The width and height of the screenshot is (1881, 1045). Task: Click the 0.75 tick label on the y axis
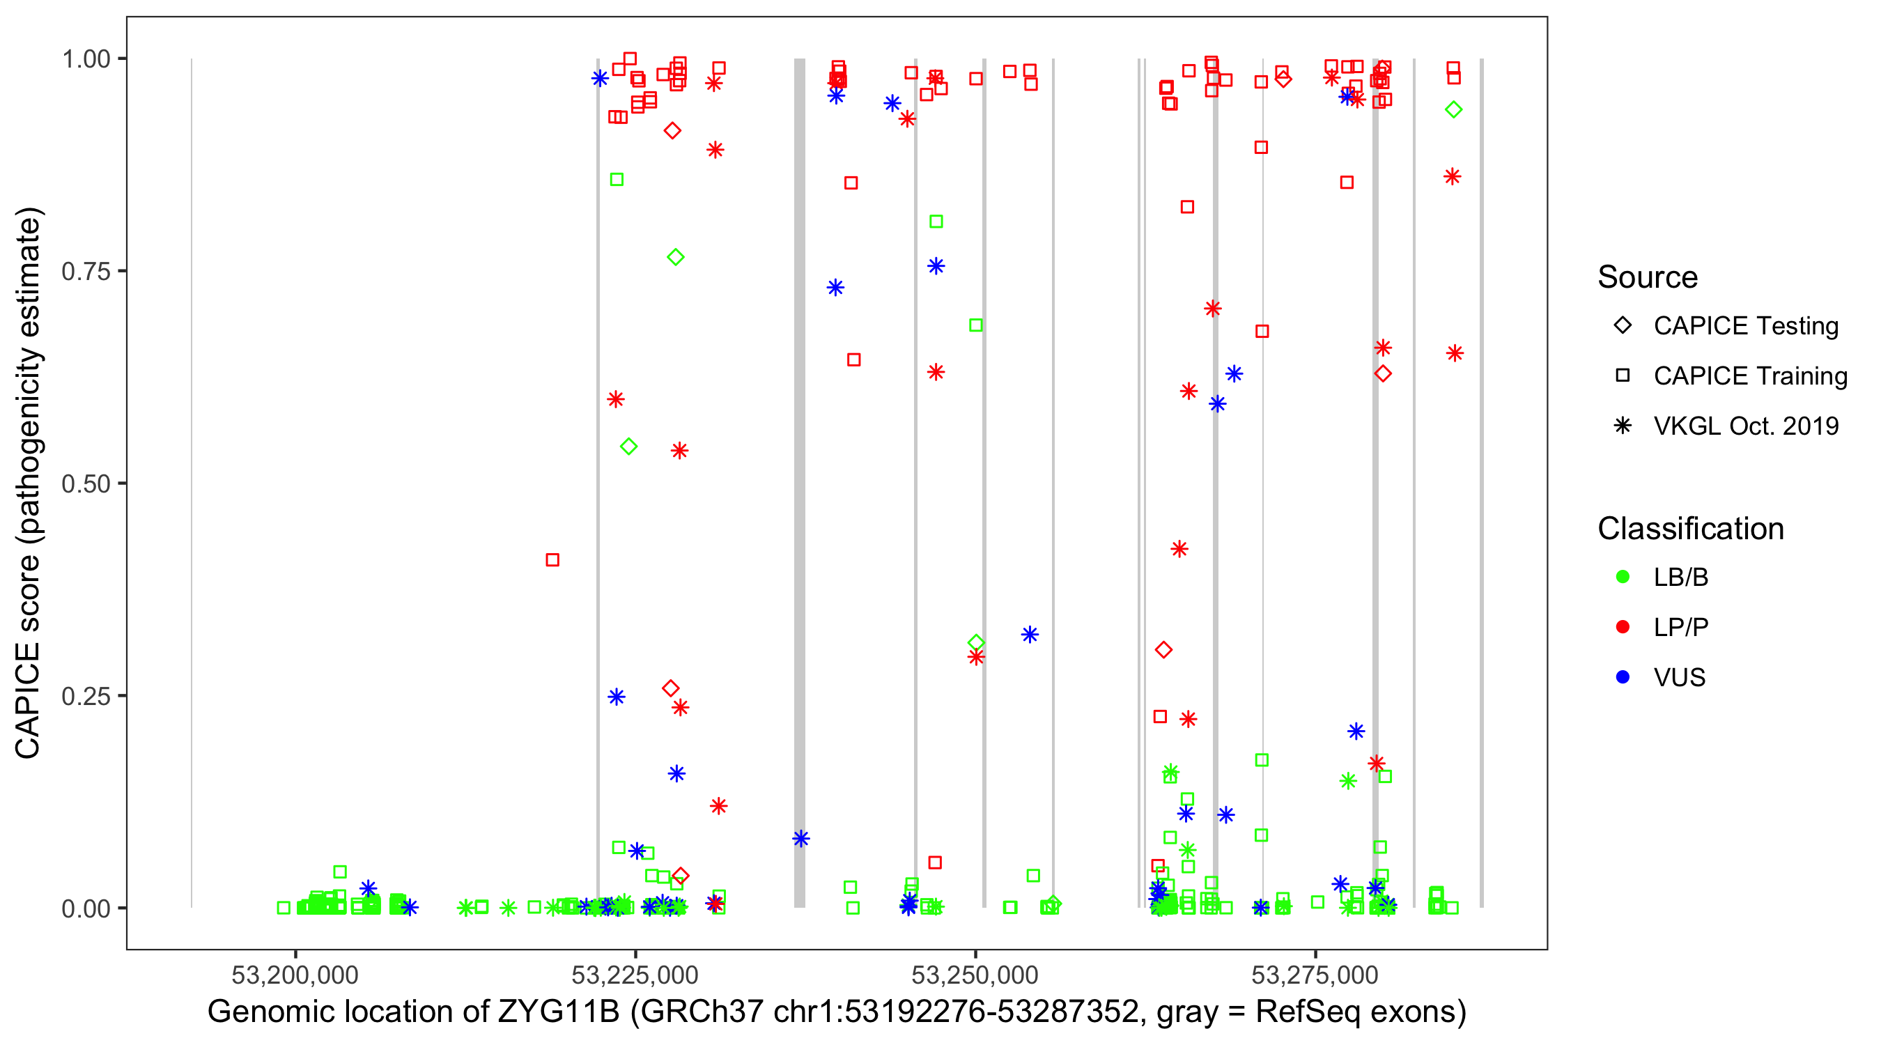click(85, 272)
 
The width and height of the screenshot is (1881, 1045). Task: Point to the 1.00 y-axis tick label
click(85, 59)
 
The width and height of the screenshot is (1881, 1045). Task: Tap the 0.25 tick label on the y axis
click(85, 696)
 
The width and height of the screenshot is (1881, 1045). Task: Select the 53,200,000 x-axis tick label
click(294, 974)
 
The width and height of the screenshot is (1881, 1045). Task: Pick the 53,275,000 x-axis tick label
click(1315, 974)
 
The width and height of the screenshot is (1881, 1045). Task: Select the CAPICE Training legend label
click(1749, 376)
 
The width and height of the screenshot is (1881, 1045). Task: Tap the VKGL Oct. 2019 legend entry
click(1745, 426)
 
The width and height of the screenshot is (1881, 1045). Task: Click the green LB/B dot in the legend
click(1623, 577)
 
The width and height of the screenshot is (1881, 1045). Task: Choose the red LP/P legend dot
click(1623, 627)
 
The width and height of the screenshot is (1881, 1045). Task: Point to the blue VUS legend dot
click(1623, 677)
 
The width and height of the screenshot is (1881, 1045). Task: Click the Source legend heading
click(1648, 277)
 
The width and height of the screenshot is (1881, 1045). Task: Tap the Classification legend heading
click(1690, 529)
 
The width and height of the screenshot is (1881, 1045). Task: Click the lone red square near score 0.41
click(552, 560)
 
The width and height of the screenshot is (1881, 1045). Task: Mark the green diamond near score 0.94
click(1453, 109)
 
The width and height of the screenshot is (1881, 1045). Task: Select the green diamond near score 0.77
click(676, 257)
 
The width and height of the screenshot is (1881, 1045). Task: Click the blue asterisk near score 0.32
click(1030, 635)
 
